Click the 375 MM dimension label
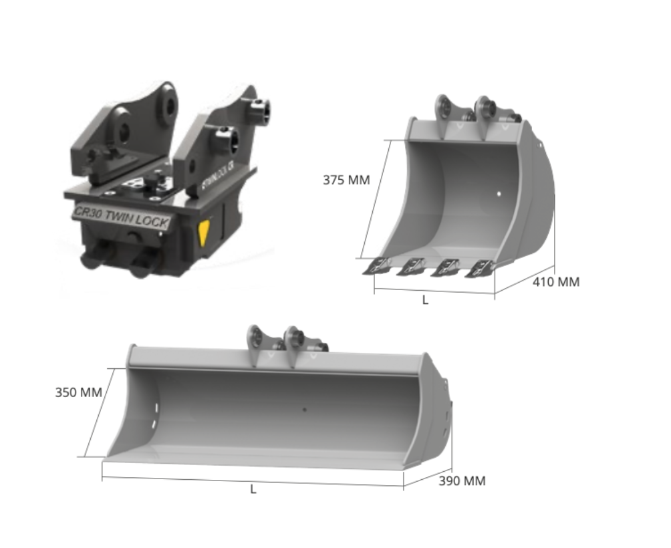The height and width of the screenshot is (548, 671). coord(346,180)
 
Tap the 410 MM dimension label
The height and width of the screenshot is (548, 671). coord(555,282)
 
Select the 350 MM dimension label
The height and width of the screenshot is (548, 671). coord(78,392)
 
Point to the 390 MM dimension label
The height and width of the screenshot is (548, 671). coord(462,481)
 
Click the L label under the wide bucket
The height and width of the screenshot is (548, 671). coord(253,489)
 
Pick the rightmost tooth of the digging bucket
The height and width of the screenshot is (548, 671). coord(480,268)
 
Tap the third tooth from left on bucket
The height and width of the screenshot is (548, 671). coord(444,268)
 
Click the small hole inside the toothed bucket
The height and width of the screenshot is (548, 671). coord(499,194)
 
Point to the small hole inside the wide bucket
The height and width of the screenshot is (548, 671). coord(305,409)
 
